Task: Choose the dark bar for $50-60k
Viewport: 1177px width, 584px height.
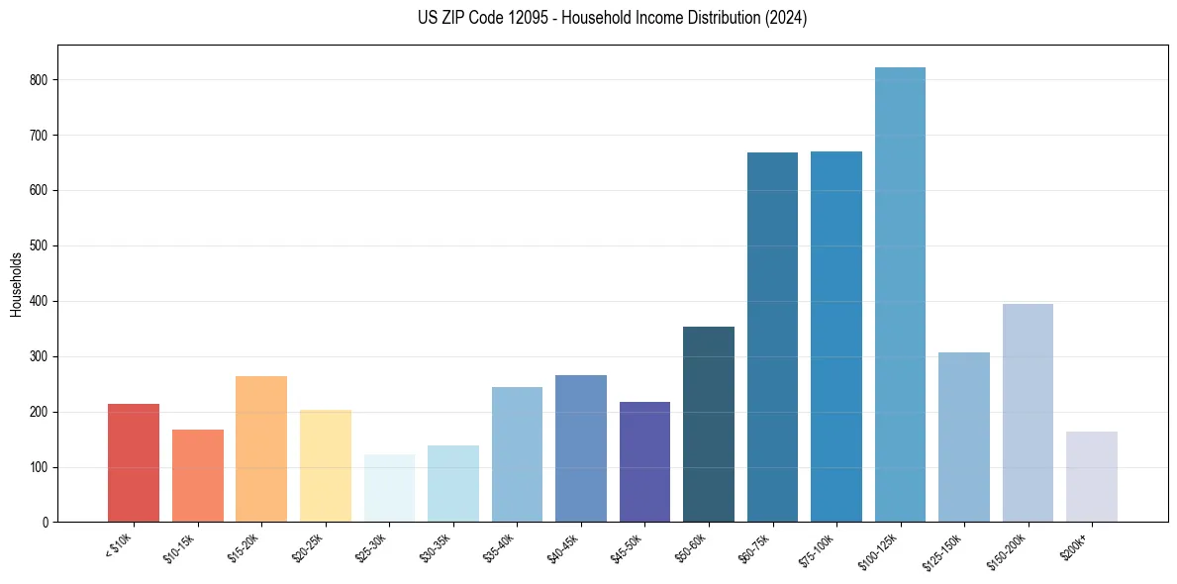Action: tap(709, 425)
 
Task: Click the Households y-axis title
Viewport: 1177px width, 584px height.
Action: tap(17, 284)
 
